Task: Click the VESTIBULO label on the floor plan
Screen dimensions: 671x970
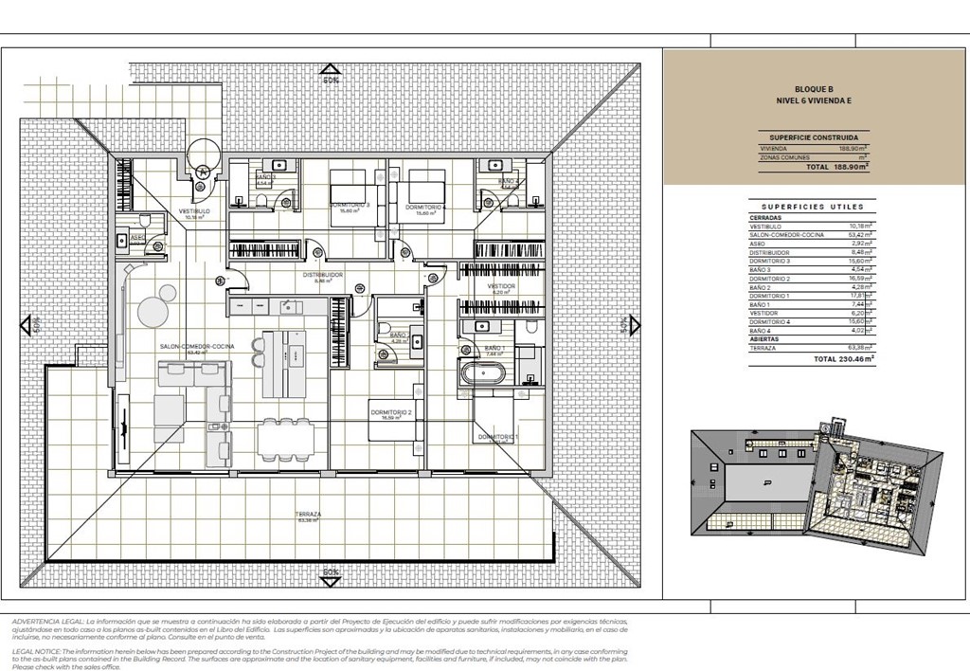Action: (193, 210)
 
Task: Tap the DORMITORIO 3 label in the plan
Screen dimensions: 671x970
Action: (350, 206)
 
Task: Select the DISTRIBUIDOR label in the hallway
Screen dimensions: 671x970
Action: (322, 275)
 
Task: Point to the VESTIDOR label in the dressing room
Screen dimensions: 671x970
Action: (501, 285)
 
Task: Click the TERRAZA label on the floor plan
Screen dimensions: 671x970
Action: (310, 514)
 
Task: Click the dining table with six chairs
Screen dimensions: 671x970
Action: (284, 438)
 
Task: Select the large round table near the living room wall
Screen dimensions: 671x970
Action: (153, 310)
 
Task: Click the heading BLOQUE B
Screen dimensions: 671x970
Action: (814, 88)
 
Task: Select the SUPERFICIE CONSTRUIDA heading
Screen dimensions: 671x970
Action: (813, 136)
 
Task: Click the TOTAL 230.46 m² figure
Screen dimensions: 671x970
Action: (842, 360)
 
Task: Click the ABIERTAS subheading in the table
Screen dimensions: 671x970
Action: (766, 338)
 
